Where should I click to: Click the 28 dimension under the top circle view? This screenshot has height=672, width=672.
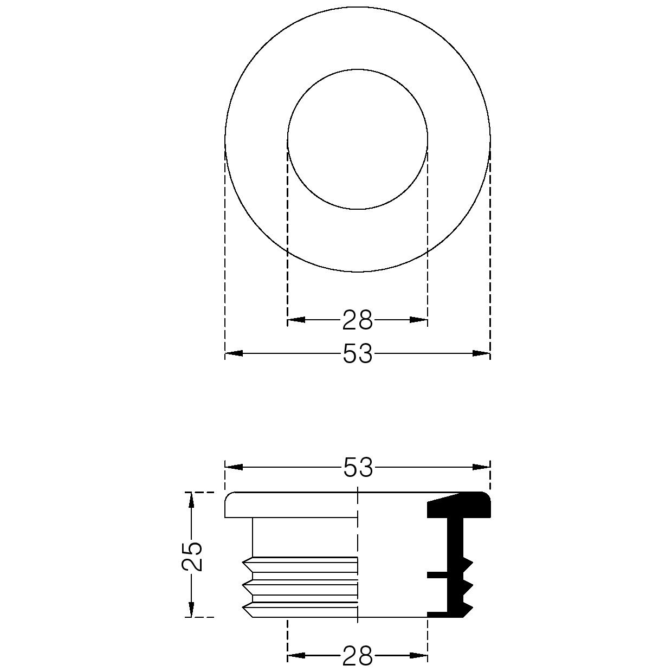coord(358,320)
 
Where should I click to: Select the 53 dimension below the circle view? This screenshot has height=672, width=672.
coord(358,353)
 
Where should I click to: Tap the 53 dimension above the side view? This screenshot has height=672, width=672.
coord(358,467)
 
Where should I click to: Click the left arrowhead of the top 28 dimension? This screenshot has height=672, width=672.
coord(296,320)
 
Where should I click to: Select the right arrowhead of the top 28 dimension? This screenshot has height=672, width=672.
coord(418,320)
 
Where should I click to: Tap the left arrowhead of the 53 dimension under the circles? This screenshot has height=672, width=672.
coord(234,353)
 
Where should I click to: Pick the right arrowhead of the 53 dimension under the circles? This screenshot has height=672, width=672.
coord(481,353)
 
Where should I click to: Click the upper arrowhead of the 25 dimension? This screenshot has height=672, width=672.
coord(191,501)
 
